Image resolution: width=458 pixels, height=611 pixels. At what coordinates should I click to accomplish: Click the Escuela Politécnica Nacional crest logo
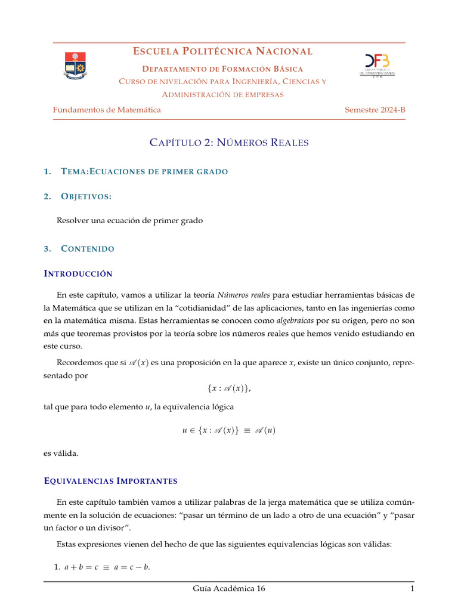[75, 66]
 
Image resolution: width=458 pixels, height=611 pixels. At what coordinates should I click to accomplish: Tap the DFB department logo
[376, 65]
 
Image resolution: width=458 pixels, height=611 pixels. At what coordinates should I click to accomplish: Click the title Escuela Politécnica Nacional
[222, 52]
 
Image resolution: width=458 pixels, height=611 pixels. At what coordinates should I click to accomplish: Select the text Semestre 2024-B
[375, 110]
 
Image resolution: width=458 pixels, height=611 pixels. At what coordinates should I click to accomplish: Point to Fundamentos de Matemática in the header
[107, 110]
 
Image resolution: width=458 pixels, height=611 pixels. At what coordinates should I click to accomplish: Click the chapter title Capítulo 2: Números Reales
[228, 143]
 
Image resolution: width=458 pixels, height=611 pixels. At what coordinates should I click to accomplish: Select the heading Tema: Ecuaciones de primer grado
[144, 172]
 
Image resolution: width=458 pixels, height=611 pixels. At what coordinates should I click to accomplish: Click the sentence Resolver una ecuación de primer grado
[129, 221]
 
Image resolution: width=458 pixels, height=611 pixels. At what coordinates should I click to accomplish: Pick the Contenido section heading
[87, 248]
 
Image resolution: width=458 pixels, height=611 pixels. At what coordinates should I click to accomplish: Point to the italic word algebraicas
[295, 320]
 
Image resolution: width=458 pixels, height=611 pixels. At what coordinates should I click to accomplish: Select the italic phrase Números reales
[244, 295]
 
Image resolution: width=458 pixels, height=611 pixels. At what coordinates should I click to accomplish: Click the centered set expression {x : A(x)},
[229, 388]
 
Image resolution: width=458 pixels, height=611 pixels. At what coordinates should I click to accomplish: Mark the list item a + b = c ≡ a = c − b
[107, 567]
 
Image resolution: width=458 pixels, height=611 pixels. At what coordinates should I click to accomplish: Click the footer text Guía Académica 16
[228, 589]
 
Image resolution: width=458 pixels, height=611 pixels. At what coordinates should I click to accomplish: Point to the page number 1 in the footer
[411, 589]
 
